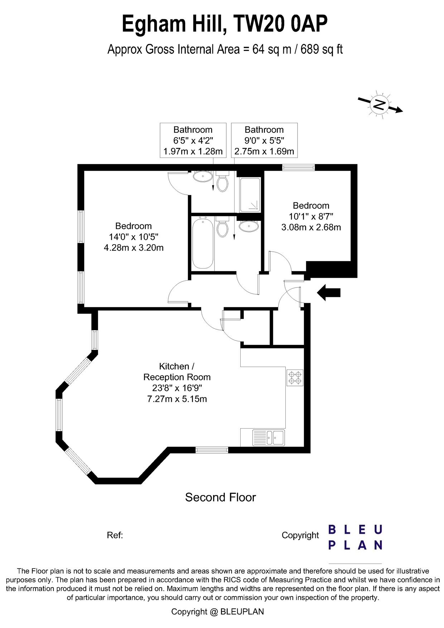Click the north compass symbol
(x=380, y=105)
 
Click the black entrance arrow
(x=329, y=293)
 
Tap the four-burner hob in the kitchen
(x=295, y=377)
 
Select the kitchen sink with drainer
(x=269, y=437)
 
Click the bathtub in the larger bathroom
(x=203, y=243)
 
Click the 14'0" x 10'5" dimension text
(x=134, y=237)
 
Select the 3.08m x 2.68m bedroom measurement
(x=311, y=227)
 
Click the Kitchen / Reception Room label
(x=177, y=372)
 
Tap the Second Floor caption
(x=220, y=497)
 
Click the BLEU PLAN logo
(x=355, y=537)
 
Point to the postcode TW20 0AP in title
(x=280, y=24)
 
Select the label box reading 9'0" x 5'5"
(x=264, y=140)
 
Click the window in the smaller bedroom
(x=298, y=167)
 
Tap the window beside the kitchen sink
(x=212, y=450)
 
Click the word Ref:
(x=115, y=535)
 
